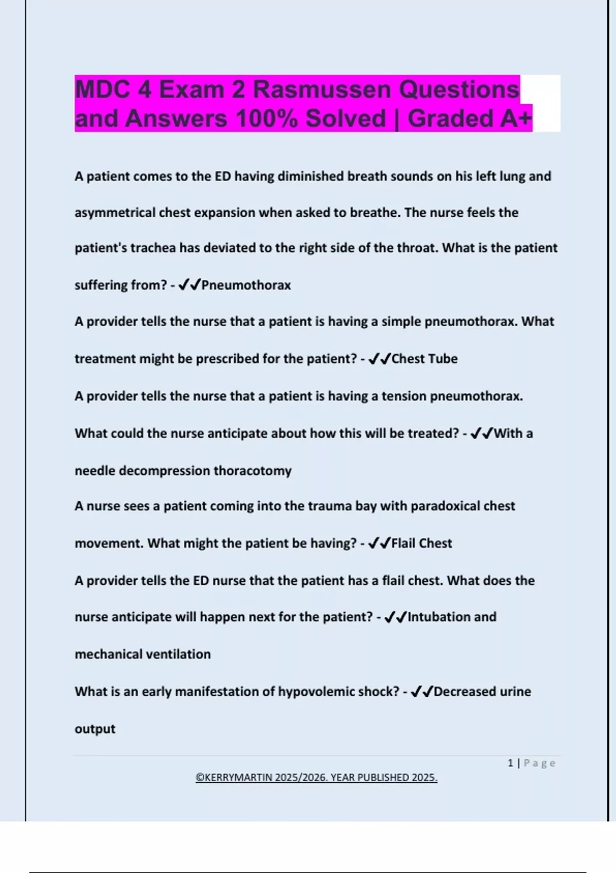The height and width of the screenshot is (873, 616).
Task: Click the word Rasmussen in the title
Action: point(322,90)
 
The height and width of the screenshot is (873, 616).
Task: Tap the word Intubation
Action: point(438,617)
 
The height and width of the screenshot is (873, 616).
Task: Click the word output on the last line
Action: point(95,729)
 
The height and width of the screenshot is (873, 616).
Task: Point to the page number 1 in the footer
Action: point(510,763)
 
